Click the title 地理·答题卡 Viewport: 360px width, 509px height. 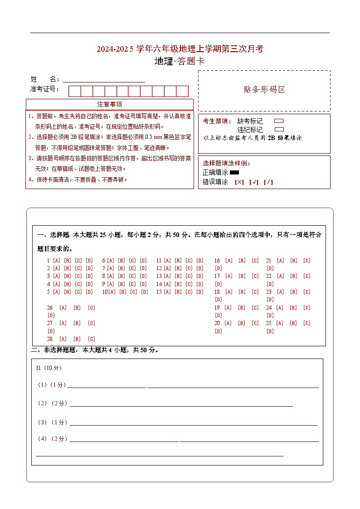click(x=180, y=61)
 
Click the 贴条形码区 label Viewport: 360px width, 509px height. click(x=264, y=90)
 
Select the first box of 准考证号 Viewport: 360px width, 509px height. click(x=74, y=91)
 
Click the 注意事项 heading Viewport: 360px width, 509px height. click(x=109, y=104)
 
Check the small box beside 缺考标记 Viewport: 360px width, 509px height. click(x=279, y=121)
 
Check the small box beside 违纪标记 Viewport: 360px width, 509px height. click(x=279, y=129)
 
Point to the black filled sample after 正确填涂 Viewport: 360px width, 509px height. click(x=234, y=172)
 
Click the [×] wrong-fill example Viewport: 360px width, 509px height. click(x=239, y=182)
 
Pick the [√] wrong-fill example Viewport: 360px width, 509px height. click(x=254, y=182)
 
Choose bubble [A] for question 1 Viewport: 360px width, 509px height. click(x=57, y=261)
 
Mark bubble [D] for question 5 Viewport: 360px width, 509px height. click(x=89, y=292)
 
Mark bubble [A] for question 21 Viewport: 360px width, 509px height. click(x=281, y=261)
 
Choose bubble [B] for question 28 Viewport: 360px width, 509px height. click(x=77, y=339)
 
